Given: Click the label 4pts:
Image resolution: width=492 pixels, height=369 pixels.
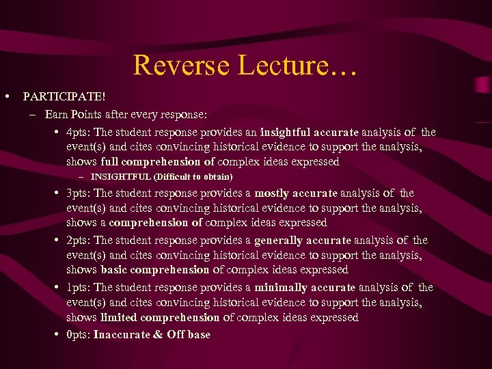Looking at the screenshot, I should pos(79,133).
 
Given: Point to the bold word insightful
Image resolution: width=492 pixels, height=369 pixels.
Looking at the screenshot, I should pos(287,133).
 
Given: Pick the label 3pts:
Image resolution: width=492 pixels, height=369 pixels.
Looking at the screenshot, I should pos(79,193).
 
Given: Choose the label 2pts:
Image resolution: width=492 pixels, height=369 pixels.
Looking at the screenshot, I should pos(79,241).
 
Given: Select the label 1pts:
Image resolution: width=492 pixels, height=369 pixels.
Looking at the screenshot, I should pos(79,288).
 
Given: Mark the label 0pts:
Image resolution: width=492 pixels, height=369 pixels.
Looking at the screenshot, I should pos(79,335).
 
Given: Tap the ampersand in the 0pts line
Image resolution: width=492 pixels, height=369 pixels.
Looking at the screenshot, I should pos(158,335).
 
